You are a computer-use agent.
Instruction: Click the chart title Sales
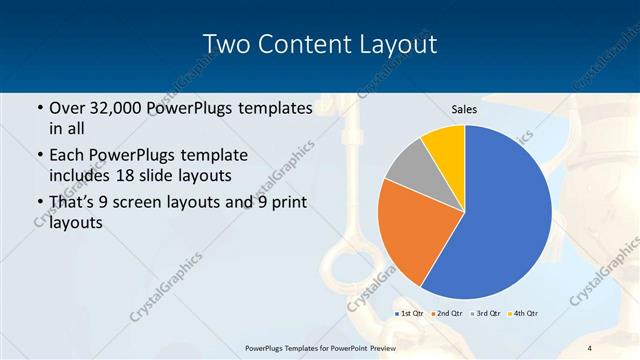[464, 108]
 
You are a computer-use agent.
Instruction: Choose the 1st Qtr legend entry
[410, 314]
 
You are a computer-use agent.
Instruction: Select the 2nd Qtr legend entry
[446, 314]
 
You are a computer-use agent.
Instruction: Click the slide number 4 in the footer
[590, 348]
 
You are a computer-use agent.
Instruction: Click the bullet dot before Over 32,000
[38, 108]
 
